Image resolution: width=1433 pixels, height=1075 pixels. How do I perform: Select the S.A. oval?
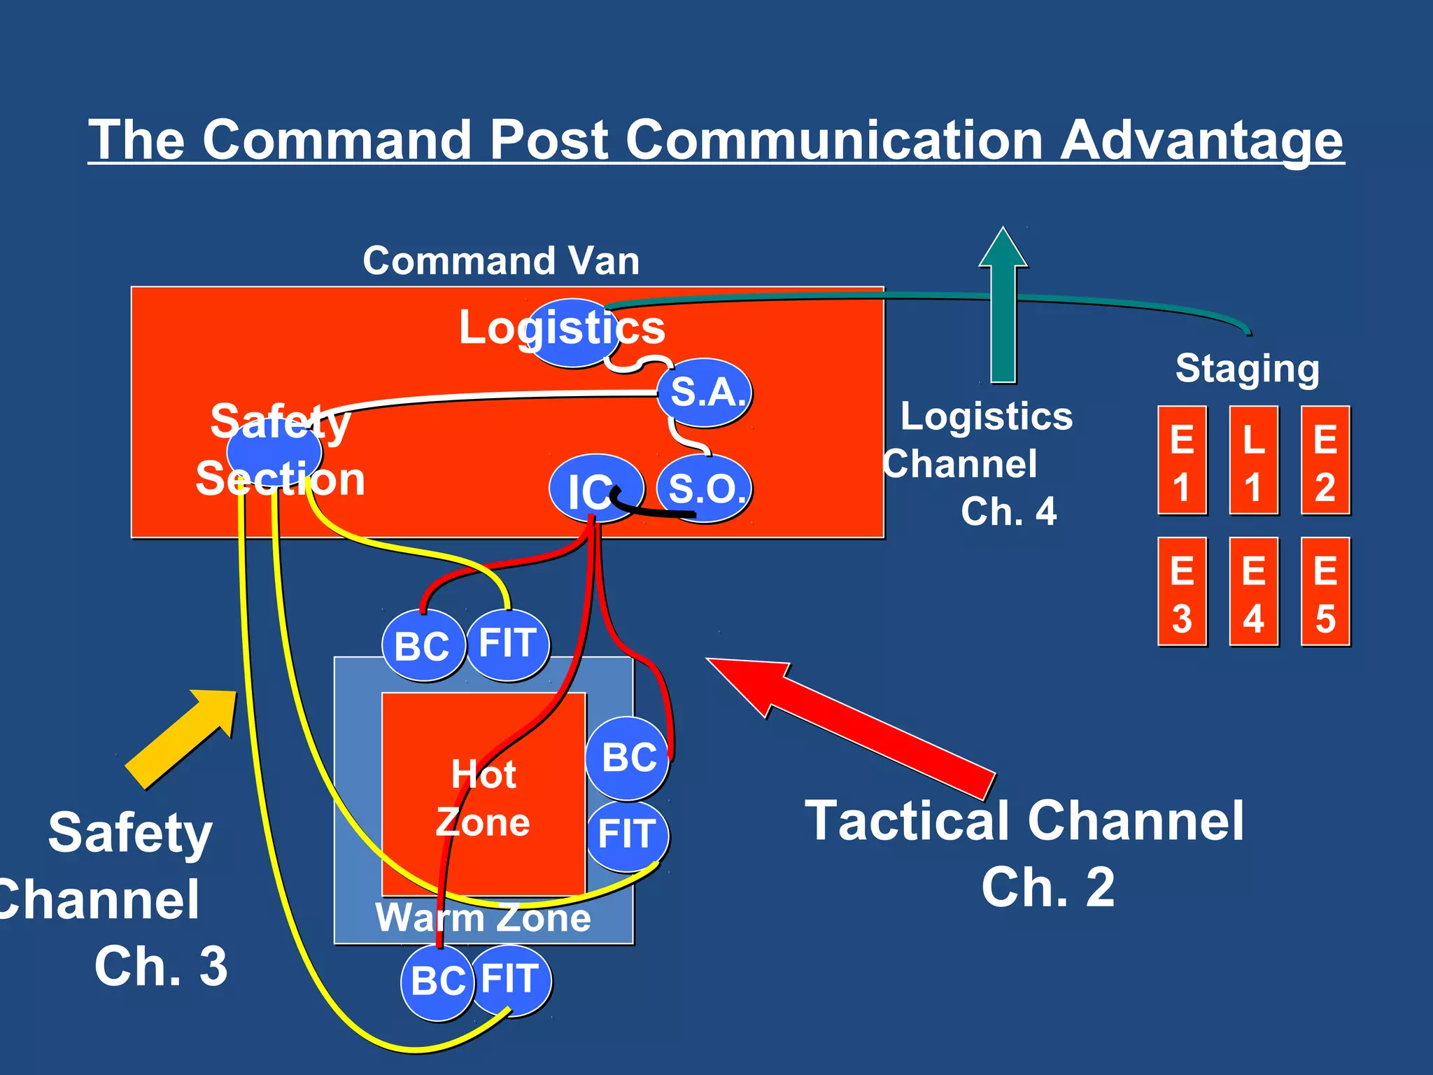[705, 393]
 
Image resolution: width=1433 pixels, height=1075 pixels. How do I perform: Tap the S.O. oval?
[705, 488]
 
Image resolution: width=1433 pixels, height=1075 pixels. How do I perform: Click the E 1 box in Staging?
[1182, 461]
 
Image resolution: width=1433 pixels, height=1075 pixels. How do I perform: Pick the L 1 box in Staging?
[1253, 461]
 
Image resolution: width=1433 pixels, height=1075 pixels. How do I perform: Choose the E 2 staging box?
[1325, 461]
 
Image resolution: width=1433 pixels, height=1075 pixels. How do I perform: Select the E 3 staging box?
[1182, 592]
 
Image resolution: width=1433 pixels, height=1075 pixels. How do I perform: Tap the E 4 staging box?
[1253, 592]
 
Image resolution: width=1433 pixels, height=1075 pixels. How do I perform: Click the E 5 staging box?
[1325, 592]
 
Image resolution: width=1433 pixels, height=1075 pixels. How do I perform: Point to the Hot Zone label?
[483, 798]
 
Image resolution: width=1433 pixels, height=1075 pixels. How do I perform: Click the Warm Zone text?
[483, 918]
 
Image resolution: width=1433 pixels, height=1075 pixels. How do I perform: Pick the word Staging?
[1247, 368]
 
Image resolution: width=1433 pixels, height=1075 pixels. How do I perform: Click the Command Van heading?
[501, 261]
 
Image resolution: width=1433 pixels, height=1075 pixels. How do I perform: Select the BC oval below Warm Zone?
[437, 981]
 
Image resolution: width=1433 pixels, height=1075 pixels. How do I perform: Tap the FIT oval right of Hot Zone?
[627, 835]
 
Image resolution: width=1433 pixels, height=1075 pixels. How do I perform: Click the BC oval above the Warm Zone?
[422, 645]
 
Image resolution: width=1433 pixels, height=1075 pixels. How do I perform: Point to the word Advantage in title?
[1201, 140]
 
